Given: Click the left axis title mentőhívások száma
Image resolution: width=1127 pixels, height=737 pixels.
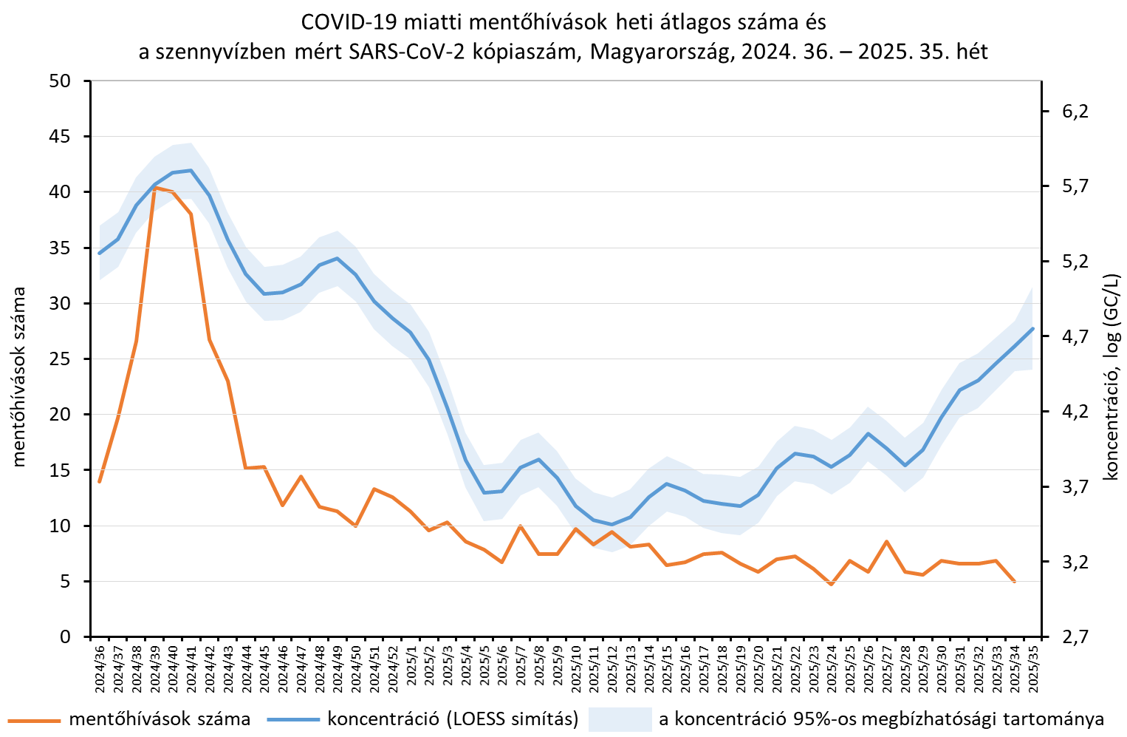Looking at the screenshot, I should (19, 377).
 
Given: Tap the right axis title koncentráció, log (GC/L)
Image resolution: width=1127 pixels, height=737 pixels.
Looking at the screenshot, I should (1111, 377).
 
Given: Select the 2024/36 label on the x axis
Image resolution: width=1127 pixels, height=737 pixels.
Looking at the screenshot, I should (100, 668).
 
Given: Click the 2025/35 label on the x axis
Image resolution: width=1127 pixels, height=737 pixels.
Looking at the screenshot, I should (1032, 668).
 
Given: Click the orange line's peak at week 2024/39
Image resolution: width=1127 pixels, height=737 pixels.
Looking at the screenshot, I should (154, 188).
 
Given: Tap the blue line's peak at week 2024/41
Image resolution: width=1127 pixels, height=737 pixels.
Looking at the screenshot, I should (191, 170).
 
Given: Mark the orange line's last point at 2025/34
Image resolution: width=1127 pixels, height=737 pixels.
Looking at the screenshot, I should (1014, 582).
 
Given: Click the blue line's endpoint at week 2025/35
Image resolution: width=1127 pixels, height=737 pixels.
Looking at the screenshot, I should (1032, 328).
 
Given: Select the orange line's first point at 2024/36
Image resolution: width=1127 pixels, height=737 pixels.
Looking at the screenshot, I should (100, 481).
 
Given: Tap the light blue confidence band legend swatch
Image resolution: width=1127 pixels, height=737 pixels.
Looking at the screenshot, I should (620, 719).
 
